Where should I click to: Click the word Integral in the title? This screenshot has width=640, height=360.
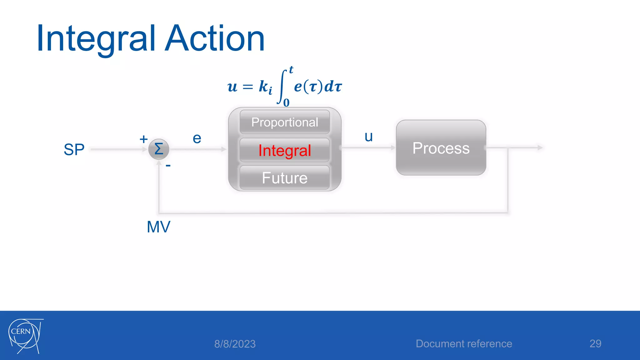(x=95, y=39)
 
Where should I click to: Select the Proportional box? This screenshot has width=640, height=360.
(x=285, y=122)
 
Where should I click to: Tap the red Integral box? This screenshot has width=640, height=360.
(x=285, y=150)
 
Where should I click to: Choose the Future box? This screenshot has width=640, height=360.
(x=285, y=178)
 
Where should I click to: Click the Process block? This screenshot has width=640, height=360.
(x=441, y=148)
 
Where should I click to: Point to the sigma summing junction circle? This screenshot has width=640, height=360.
(x=159, y=149)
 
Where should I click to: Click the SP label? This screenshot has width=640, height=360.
(x=74, y=149)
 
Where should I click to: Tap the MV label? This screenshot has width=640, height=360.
(x=158, y=227)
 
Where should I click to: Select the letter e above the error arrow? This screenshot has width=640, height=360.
(x=197, y=138)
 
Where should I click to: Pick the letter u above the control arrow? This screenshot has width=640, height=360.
(x=369, y=137)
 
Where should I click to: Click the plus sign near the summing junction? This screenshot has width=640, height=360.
(x=143, y=139)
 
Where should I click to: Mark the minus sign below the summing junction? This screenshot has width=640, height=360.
(x=168, y=166)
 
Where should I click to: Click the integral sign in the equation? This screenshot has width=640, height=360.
(x=282, y=87)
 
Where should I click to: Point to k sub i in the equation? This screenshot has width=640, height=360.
(x=265, y=87)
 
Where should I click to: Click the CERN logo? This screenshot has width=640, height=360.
(x=25, y=336)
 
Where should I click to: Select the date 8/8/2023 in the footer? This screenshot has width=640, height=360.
(x=235, y=344)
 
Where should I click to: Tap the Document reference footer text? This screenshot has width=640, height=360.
(x=464, y=344)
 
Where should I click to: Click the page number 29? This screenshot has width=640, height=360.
(x=595, y=344)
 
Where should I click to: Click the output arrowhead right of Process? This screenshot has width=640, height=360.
(x=540, y=147)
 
